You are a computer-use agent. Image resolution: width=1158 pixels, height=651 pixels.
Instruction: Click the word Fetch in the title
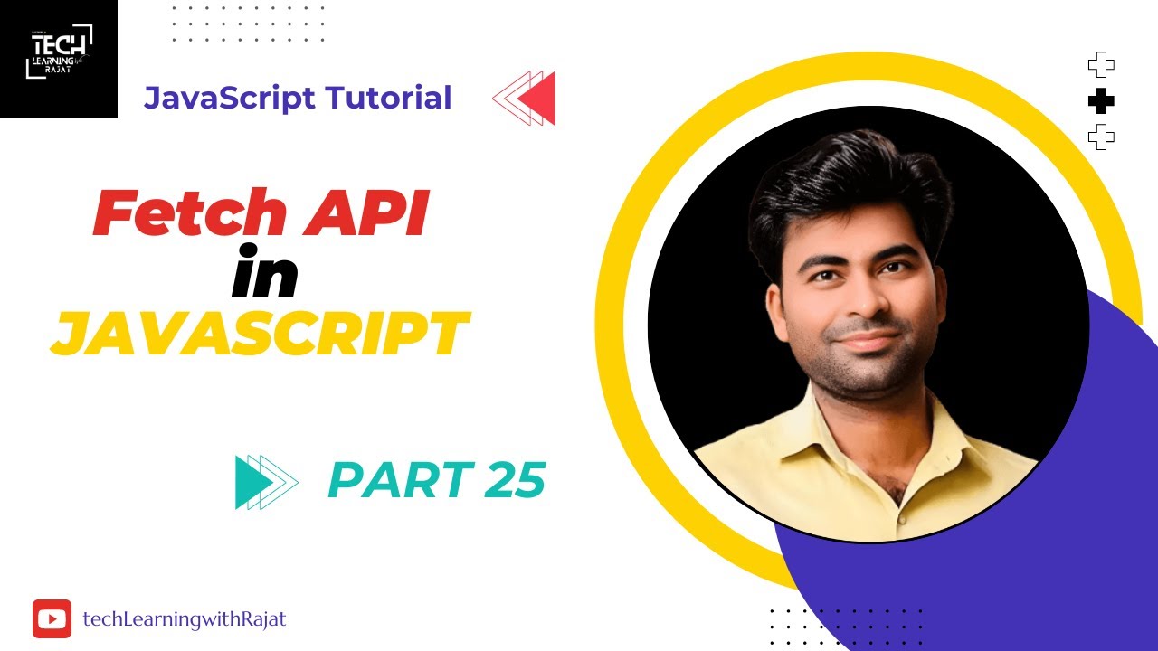pyautogui.click(x=189, y=214)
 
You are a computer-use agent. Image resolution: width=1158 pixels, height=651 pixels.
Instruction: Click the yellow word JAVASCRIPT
pyautogui.click(x=260, y=335)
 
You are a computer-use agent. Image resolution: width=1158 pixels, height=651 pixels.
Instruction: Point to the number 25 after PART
pyautogui.click(x=515, y=479)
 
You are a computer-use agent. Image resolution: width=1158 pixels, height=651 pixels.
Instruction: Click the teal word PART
pyautogui.click(x=399, y=479)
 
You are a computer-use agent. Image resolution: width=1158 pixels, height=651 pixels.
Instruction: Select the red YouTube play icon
pyautogui.click(x=52, y=619)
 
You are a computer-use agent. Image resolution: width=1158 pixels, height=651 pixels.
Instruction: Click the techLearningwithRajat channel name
pyautogui.click(x=185, y=619)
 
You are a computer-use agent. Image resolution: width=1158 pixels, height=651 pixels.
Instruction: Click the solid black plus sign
pyautogui.click(x=1101, y=102)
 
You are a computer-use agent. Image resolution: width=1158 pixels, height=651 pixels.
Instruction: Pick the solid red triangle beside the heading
pyautogui.click(x=540, y=98)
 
